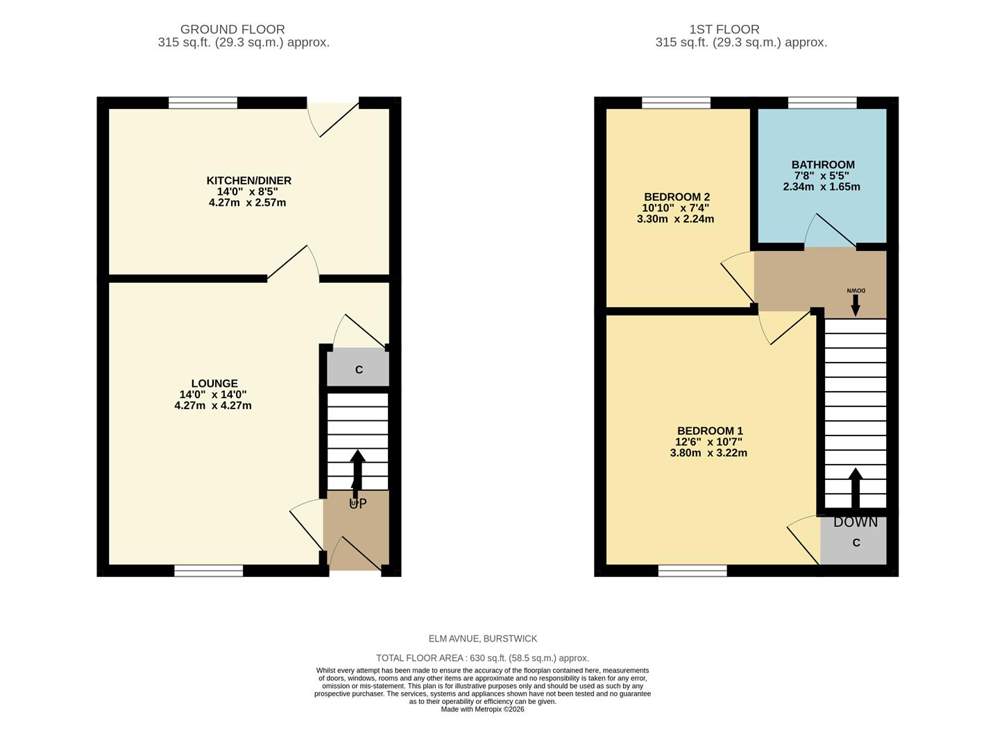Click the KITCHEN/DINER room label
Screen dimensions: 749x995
[248, 180]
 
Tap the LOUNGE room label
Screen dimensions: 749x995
[214, 384]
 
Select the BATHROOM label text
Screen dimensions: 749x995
[823, 165]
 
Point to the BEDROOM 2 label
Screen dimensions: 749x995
[677, 197]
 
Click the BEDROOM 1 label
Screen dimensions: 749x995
[710, 431]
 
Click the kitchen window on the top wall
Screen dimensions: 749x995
[203, 103]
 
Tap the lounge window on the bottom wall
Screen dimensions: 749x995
[208, 570]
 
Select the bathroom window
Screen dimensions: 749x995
[822, 103]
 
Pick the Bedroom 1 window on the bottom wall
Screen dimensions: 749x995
[692, 570]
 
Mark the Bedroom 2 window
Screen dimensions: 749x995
[676, 103]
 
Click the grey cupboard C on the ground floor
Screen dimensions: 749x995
[358, 369]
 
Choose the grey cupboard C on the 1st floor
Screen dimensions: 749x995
[855, 542]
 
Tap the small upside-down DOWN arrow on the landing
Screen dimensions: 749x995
[855, 303]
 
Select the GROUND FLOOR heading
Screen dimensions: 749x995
[232, 29]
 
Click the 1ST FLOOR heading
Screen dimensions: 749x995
[724, 29]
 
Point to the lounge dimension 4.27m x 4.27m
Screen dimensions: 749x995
[213, 406]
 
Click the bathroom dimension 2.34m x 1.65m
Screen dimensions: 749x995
[822, 187]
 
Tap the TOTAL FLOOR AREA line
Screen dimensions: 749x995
[482, 658]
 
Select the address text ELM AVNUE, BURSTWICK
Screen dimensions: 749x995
[482, 639]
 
